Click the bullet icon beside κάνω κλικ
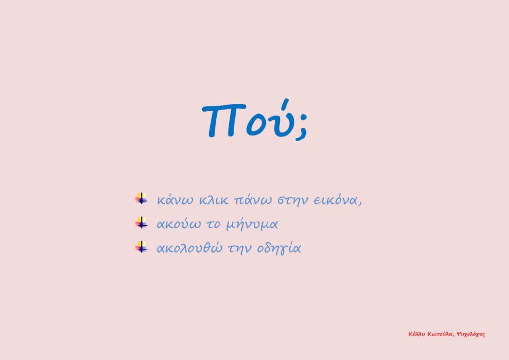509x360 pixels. tap(141, 199)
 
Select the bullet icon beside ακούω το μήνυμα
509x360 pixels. tap(141, 223)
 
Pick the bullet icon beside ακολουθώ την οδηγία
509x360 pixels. tap(141, 247)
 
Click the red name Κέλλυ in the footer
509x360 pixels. tap(417, 335)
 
